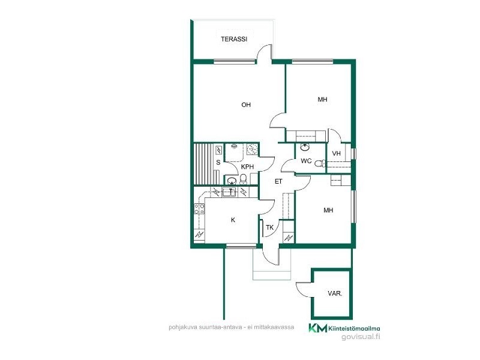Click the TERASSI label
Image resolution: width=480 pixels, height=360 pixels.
point(234,39)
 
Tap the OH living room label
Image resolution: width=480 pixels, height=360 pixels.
point(246,104)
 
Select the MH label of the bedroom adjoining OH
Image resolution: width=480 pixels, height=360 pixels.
point(322,99)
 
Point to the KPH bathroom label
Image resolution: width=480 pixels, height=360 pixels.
point(247,167)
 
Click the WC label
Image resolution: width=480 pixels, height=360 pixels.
point(306,161)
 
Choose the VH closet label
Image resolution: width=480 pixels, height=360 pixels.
point(337,154)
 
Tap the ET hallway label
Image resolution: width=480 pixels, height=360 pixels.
point(278,182)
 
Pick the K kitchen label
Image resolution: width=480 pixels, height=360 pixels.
point(233,220)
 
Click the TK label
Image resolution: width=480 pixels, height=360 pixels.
point(269,227)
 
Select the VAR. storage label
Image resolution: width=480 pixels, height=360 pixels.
point(335,293)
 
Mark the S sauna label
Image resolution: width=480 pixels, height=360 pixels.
point(218,162)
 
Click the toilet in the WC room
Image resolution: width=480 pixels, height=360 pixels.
point(320,163)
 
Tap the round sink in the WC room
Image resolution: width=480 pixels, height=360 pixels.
point(305,148)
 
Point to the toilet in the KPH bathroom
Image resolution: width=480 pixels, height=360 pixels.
point(243,179)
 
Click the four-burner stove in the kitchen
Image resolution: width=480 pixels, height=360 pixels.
point(200,209)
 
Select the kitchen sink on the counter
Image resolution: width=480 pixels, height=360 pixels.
point(229,192)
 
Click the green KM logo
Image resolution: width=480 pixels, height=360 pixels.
point(317,328)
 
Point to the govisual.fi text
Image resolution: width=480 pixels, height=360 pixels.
point(361,337)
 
